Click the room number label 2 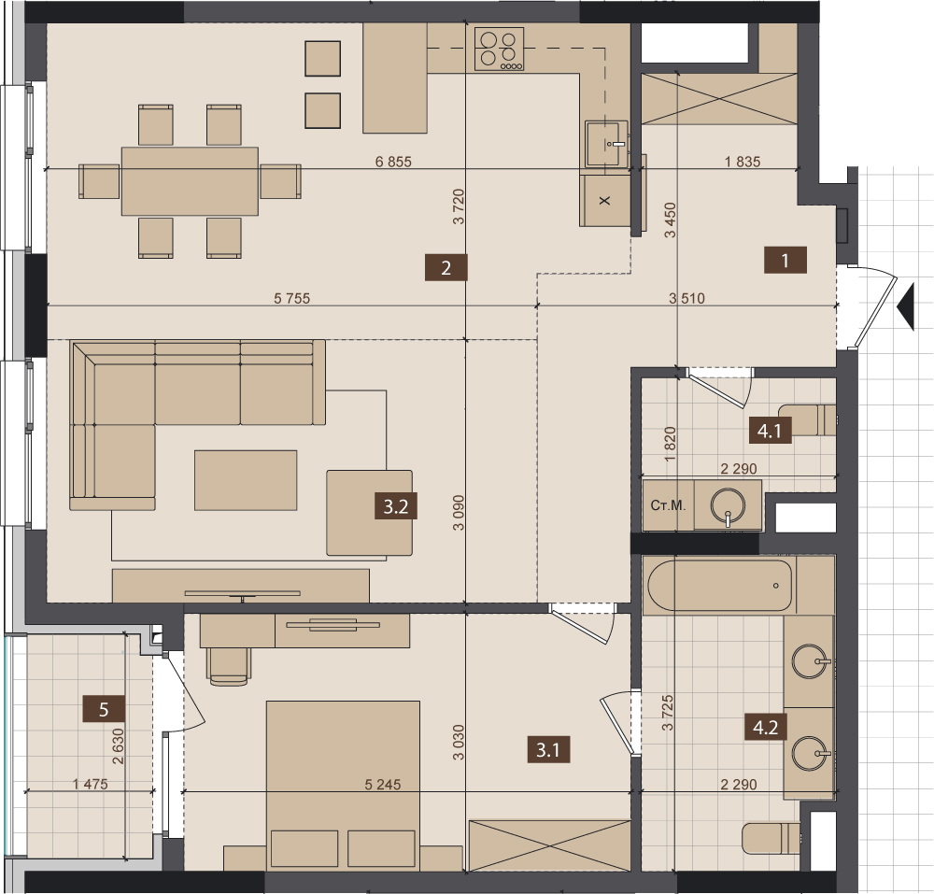click(x=446, y=267)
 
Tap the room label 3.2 click(x=395, y=506)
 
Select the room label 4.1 click(x=770, y=430)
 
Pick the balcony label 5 click(x=104, y=709)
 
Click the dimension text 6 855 click(x=393, y=162)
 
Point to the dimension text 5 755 click(x=291, y=298)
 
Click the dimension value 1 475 click(x=91, y=784)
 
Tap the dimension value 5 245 click(x=382, y=785)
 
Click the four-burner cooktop click(x=499, y=49)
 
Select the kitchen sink click(x=607, y=144)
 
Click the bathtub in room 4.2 click(x=719, y=586)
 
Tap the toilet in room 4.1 click(x=807, y=419)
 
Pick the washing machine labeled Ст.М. click(x=669, y=505)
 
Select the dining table click(x=190, y=181)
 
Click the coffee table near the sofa click(x=246, y=480)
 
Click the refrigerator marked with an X click(x=605, y=201)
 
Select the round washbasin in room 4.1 click(x=728, y=506)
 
